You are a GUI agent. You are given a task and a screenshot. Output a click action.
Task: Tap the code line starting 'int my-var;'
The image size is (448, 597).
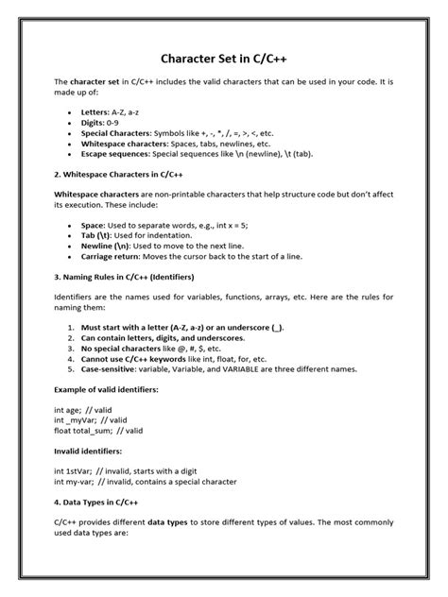coord(147,482)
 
